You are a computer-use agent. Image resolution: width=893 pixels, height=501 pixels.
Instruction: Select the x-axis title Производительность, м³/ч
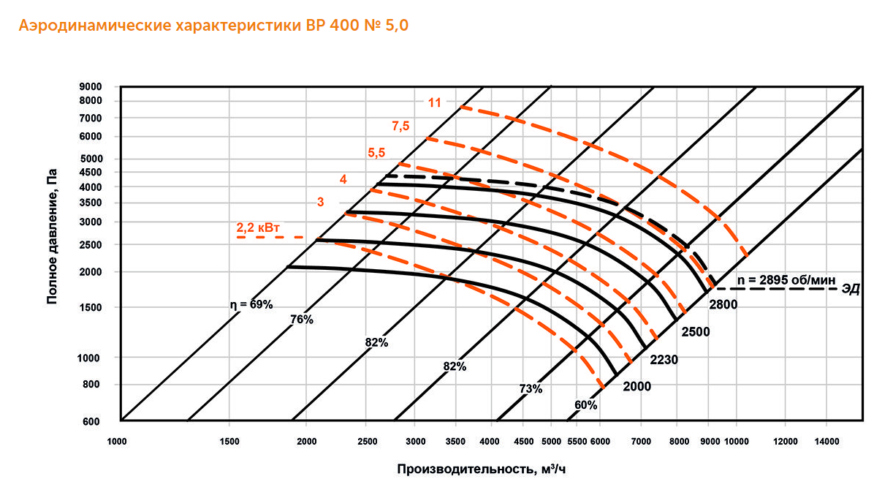pos(482,469)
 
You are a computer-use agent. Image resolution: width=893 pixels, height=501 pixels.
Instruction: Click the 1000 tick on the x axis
pos(117,442)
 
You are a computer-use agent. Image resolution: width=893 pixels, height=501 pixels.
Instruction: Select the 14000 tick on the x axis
pos(826,442)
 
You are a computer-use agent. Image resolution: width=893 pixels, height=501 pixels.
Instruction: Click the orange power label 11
pos(435,102)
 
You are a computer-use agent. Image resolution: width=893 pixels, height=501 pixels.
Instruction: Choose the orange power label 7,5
pos(400,127)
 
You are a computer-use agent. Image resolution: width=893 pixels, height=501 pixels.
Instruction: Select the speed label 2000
pos(637,385)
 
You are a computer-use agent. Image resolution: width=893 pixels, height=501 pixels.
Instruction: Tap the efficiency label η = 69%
pos(248,304)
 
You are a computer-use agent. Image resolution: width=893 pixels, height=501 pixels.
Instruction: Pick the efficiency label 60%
pos(585,404)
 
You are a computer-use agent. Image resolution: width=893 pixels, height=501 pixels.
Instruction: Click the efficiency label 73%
pos(531,389)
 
